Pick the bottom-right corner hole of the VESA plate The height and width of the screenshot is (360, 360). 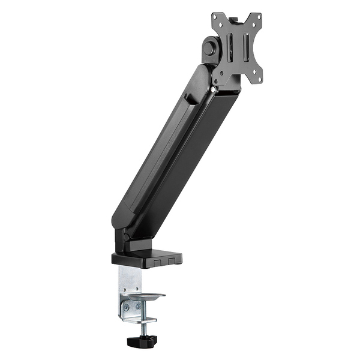(257, 76)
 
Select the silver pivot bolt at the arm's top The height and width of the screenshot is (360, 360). (214, 90)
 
